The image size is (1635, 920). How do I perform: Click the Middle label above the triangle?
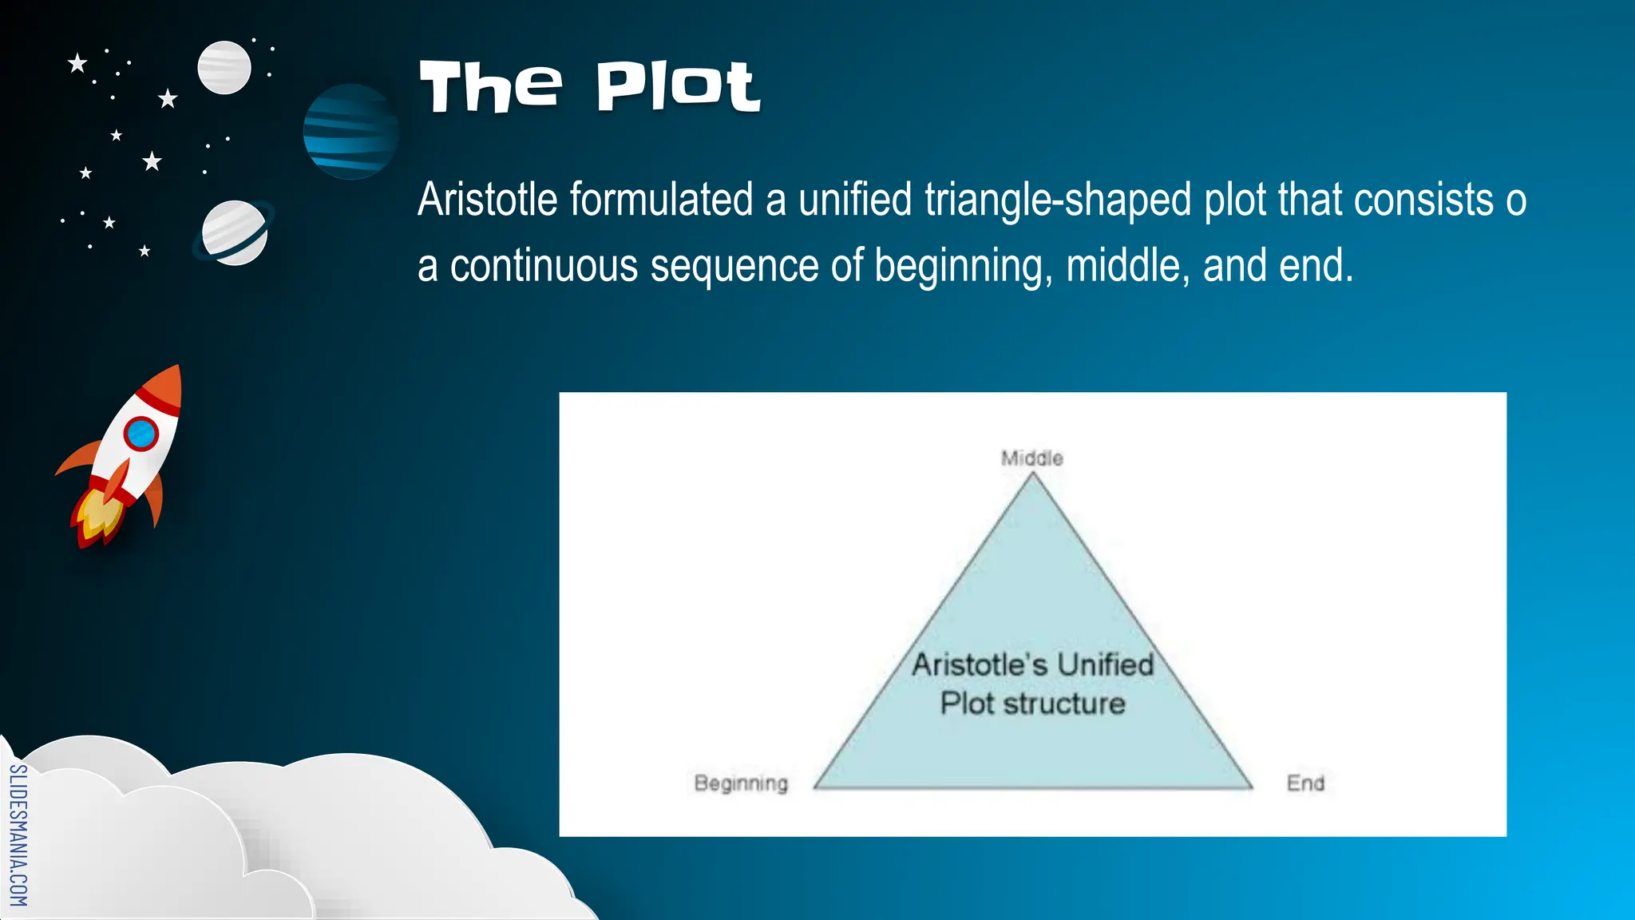pyautogui.click(x=1032, y=458)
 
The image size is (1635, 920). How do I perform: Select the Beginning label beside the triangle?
pyautogui.click(x=741, y=783)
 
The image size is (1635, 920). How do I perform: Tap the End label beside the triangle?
pyautogui.click(x=1305, y=783)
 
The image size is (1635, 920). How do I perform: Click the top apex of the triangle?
pyautogui.click(x=1032, y=475)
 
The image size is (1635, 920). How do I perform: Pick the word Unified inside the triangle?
pyautogui.click(x=1106, y=664)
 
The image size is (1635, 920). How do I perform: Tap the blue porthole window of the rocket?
pyautogui.click(x=141, y=434)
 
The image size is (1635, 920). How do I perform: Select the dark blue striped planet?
pyautogui.click(x=350, y=132)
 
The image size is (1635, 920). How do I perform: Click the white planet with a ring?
pyautogui.click(x=234, y=232)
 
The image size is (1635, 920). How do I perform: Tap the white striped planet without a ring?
pyautogui.click(x=224, y=68)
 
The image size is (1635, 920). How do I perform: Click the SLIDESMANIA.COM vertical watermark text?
pyautogui.click(x=18, y=835)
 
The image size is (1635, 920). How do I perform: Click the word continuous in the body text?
pyautogui.click(x=543, y=266)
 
